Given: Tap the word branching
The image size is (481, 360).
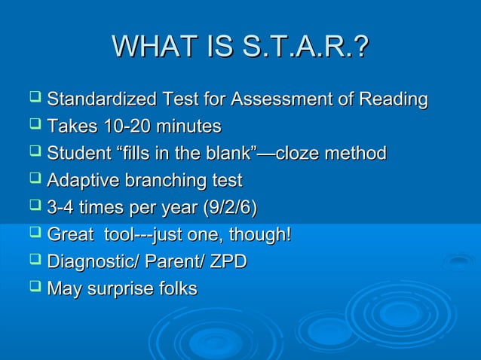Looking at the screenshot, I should tap(162, 181).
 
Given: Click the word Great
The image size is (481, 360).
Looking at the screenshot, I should tap(70, 235).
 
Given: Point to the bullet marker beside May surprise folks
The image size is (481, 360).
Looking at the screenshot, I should tap(35, 288).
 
